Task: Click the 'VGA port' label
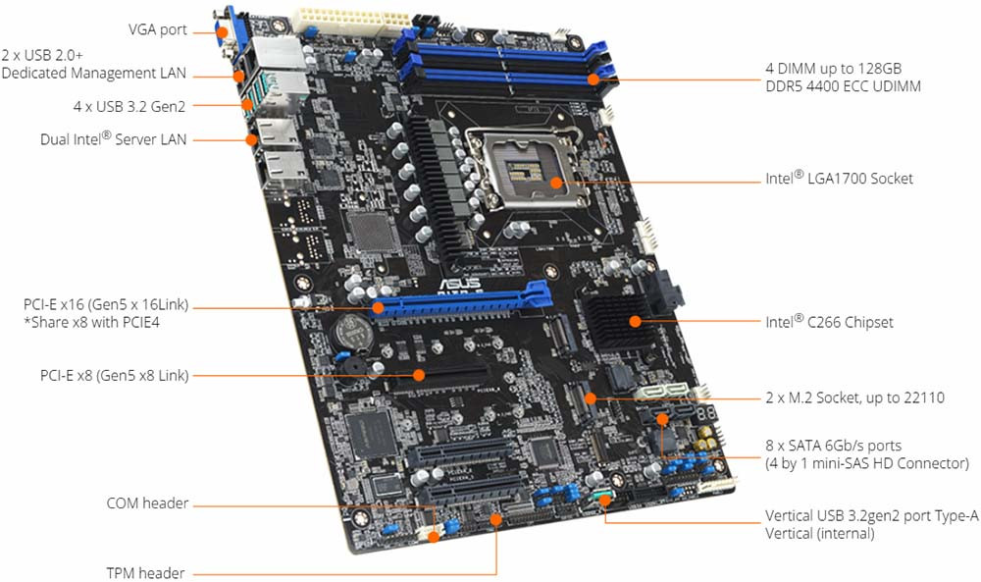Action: point(158,29)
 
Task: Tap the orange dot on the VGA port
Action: point(222,31)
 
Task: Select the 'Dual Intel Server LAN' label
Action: point(113,138)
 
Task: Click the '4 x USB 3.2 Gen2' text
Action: point(129,106)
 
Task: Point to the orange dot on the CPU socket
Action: point(556,183)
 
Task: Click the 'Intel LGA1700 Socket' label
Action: point(839,178)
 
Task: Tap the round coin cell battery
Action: point(352,332)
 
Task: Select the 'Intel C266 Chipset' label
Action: point(829,322)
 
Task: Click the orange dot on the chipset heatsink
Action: point(635,322)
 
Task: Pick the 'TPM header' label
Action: point(145,572)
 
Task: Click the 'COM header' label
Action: point(147,503)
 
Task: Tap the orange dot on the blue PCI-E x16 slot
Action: point(378,307)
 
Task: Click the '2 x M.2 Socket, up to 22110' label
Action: point(854,397)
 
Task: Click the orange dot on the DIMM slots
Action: point(594,79)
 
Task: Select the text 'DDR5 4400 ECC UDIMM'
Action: point(843,86)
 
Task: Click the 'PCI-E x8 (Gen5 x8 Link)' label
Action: point(114,376)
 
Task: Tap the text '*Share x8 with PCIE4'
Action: point(91,322)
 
